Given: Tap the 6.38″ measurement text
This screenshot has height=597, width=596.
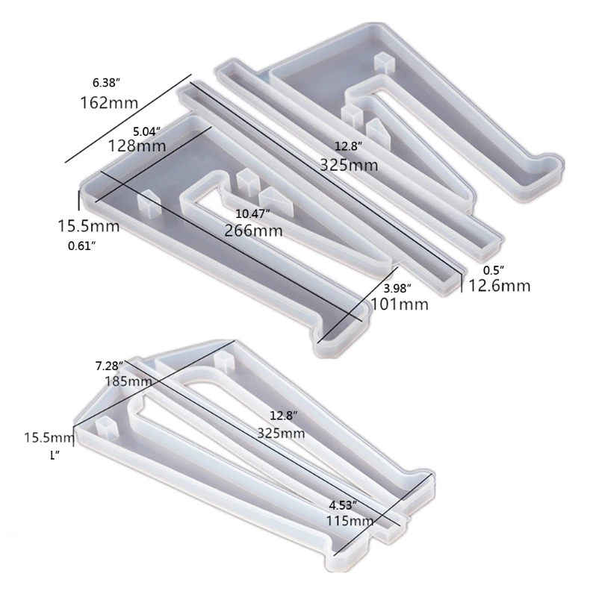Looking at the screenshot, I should [105, 81].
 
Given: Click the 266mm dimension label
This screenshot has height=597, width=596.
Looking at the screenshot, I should [254, 231].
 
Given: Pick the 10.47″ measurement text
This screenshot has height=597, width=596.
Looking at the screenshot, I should [254, 213].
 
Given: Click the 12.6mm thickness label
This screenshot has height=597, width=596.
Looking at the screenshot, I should [500, 285].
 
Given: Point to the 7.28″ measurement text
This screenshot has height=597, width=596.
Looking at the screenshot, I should [110, 366].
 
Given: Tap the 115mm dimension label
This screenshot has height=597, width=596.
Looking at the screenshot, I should [350, 521].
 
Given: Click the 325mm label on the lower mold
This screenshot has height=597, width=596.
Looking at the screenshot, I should [280, 433].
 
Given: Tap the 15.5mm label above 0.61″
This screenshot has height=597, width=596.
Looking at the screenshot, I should [88, 224].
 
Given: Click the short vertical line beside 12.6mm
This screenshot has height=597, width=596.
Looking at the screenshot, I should [462, 284].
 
